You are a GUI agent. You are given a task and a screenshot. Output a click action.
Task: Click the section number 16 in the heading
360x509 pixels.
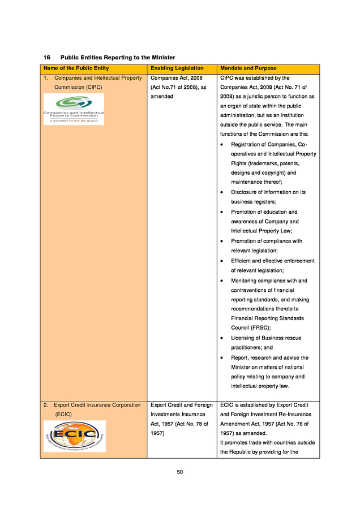tap(48, 58)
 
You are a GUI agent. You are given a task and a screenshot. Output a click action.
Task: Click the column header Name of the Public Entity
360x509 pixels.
tap(75, 68)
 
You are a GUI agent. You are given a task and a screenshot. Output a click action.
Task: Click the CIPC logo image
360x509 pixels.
tap(74, 109)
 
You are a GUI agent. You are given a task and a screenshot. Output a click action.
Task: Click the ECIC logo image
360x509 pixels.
tap(75, 436)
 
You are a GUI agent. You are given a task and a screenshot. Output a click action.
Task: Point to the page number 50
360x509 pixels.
tap(179, 472)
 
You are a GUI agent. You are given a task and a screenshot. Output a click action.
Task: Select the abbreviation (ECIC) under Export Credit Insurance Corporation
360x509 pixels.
tap(63, 414)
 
